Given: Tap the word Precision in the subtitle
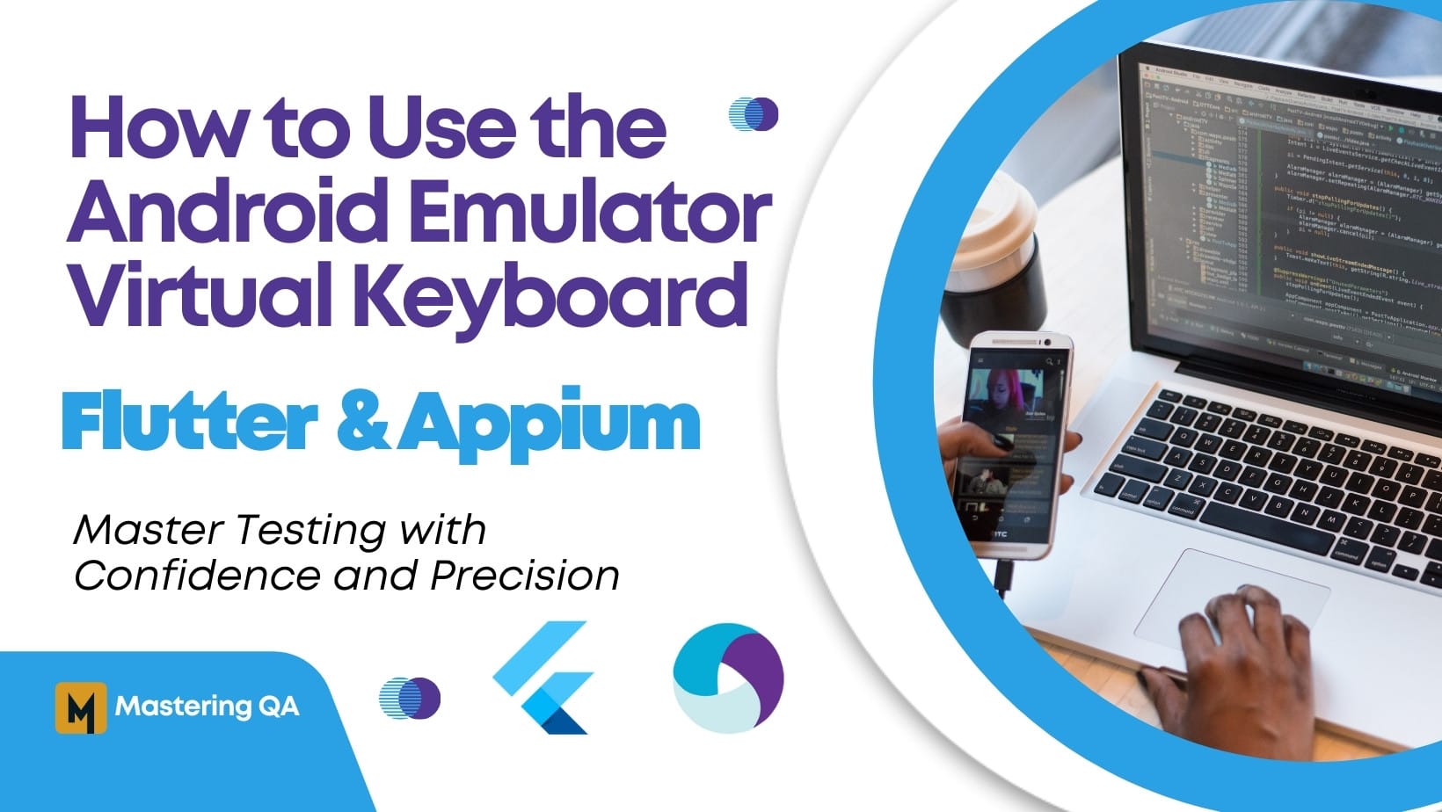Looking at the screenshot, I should pos(525,576).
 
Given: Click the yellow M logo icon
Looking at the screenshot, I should pos(80,707).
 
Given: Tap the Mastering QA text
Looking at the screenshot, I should pos(207,707).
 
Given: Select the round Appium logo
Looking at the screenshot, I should pos(727,678).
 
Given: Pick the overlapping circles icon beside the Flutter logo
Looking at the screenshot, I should pos(410,699).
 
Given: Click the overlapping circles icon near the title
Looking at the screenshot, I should pos(754,114).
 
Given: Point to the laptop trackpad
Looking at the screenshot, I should pos(1231,598).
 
